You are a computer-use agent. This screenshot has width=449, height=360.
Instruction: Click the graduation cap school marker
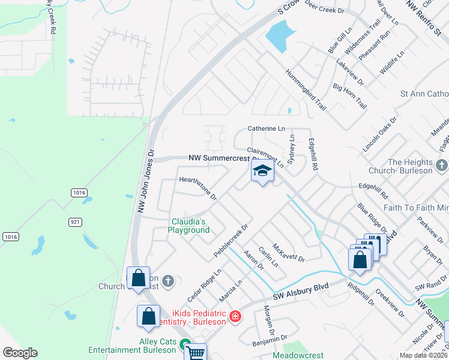(x=262, y=171)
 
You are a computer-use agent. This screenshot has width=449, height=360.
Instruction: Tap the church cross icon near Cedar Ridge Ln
(x=169, y=280)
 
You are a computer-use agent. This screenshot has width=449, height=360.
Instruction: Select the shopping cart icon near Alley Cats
(x=194, y=352)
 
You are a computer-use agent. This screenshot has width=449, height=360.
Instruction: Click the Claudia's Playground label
(x=188, y=226)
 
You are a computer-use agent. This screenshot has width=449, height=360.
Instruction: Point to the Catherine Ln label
(x=267, y=128)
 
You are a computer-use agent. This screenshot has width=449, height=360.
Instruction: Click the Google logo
(x=20, y=353)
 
